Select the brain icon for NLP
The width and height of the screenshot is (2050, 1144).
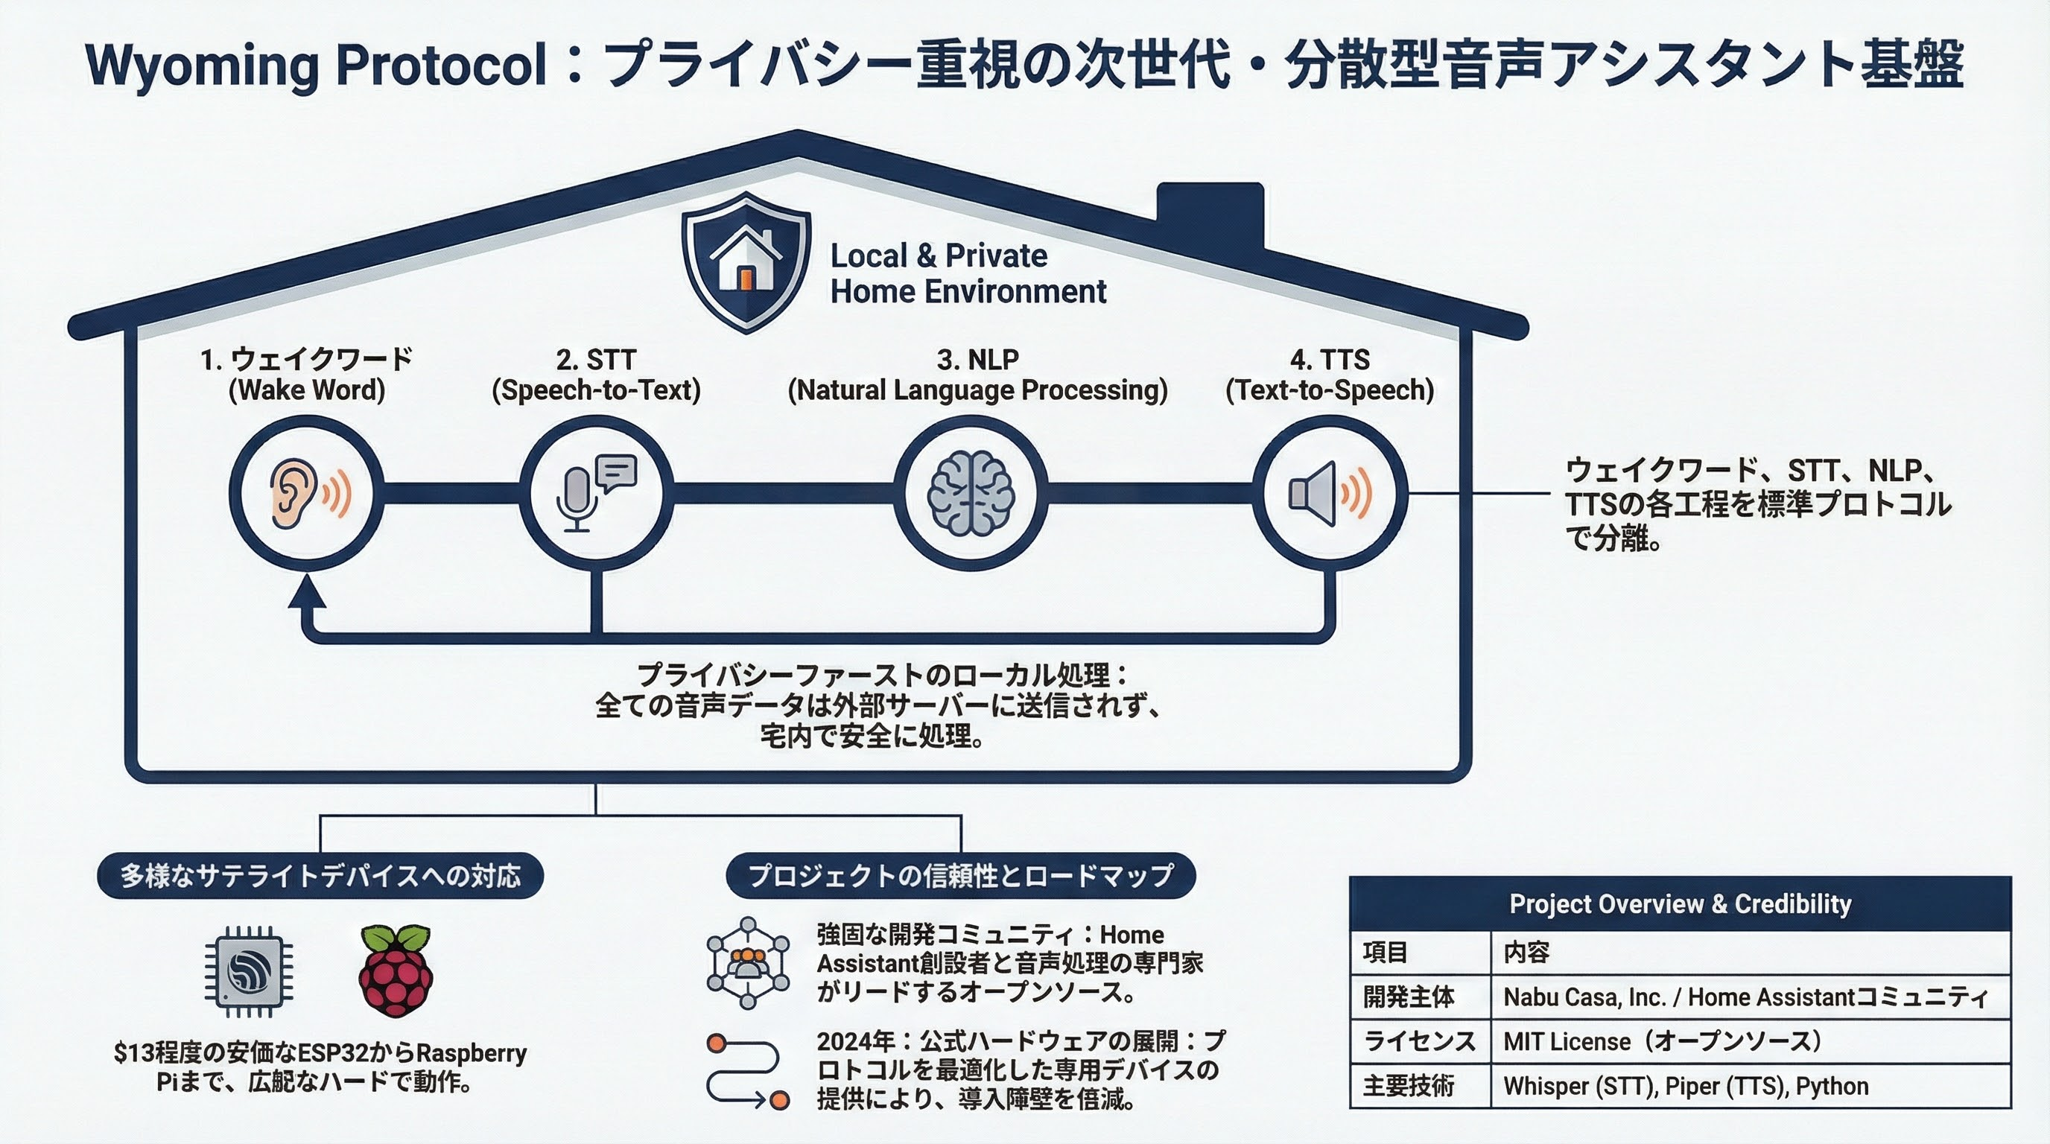(970, 492)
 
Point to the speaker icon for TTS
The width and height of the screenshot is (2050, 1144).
(1329, 493)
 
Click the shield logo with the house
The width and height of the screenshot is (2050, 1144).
(746, 261)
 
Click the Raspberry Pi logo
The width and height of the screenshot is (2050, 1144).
(396, 970)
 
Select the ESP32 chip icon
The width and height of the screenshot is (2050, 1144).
(249, 971)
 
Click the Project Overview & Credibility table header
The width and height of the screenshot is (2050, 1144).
(1680, 903)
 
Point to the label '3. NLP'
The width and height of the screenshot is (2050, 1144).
(977, 360)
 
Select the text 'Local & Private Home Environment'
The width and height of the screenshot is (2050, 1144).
(968, 273)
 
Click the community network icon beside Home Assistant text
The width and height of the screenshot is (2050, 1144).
(748, 964)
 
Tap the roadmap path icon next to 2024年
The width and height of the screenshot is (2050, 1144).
(748, 1071)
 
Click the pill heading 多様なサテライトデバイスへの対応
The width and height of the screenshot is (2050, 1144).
(320, 876)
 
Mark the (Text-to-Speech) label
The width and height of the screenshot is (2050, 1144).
(1330, 390)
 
